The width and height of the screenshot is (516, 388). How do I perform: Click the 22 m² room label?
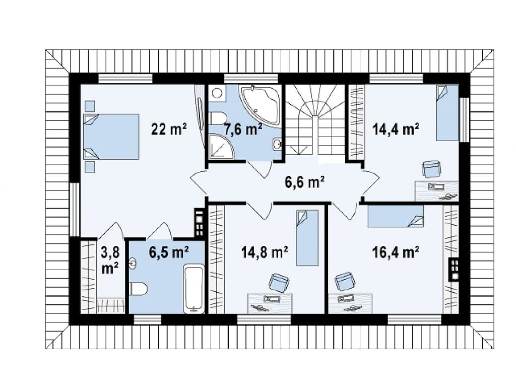pos(169,128)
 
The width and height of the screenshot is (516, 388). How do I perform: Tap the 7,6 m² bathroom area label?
pos(243,130)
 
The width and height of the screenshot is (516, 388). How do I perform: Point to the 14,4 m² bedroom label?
pos(396,128)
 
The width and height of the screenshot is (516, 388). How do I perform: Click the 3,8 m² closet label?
pos(110,261)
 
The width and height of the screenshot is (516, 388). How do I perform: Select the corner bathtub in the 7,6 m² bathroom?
pos(261,102)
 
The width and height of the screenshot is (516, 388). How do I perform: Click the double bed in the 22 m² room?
pos(111,137)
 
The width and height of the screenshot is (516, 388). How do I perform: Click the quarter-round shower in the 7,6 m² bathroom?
pos(221,147)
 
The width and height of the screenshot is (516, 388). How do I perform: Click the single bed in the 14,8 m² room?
pos(307,238)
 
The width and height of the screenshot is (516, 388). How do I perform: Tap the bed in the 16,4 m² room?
pos(396,216)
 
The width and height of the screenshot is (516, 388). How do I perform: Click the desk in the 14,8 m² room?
pos(270,303)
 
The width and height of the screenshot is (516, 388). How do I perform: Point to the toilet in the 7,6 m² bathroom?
pos(218,118)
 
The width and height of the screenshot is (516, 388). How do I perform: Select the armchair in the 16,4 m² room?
pos(345,281)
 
